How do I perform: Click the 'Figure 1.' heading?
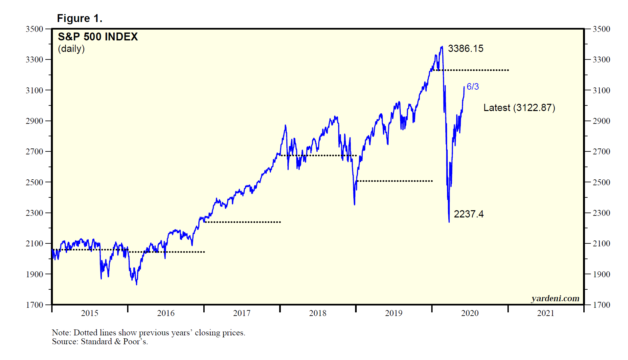click(x=79, y=18)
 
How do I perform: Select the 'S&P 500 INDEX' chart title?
click(x=98, y=36)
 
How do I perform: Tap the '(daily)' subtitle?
click(x=71, y=49)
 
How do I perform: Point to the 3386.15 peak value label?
click(x=465, y=49)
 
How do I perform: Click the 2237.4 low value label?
click(x=468, y=214)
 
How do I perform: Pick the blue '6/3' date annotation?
click(x=473, y=87)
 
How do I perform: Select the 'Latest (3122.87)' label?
click(x=519, y=108)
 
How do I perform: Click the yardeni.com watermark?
click(x=555, y=298)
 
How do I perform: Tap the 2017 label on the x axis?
click(x=242, y=313)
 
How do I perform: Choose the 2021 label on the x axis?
click(x=546, y=313)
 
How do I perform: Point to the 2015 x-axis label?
click(x=90, y=313)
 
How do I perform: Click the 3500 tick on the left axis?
click(x=34, y=29)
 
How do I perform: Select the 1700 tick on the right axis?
click(x=601, y=305)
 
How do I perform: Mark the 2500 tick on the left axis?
click(x=34, y=182)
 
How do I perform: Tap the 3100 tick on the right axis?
click(x=601, y=90)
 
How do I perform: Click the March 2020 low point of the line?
click(x=449, y=222)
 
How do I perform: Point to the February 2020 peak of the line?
click(x=442, y=47)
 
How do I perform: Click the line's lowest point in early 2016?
click(x=137, y=284)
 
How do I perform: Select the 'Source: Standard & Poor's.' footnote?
click(x=100, y=342)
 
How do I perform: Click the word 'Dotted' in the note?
click(x=85, y=333)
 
